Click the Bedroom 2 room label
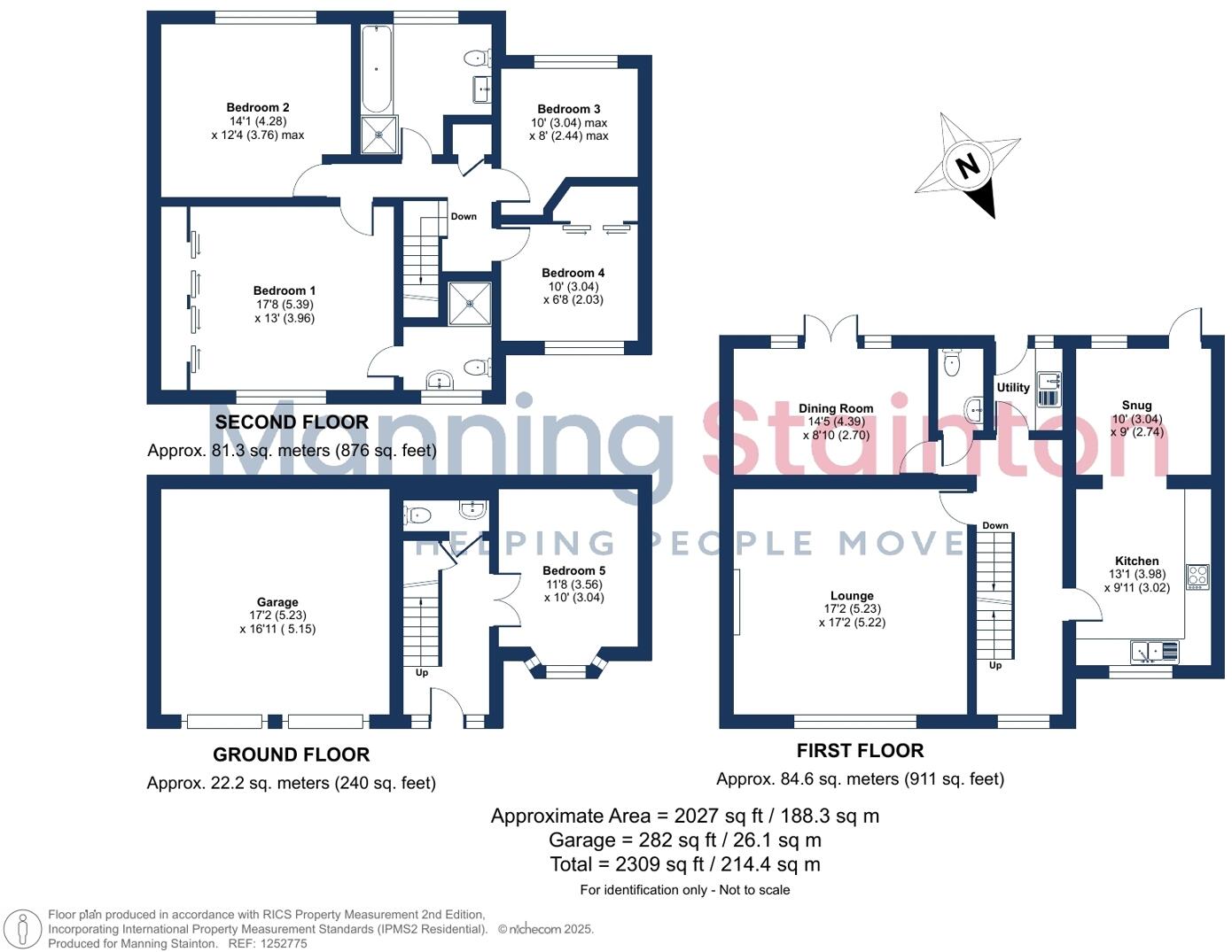258,108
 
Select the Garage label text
277,602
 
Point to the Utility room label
1013,388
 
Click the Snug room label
1136,406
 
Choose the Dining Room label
836,409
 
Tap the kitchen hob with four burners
1197,577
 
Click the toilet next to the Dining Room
952,363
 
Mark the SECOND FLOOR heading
292,422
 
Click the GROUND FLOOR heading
291,755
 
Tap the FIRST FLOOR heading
860,751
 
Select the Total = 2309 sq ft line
684,864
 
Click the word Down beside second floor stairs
464,216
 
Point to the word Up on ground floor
422,673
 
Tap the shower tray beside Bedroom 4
470,303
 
